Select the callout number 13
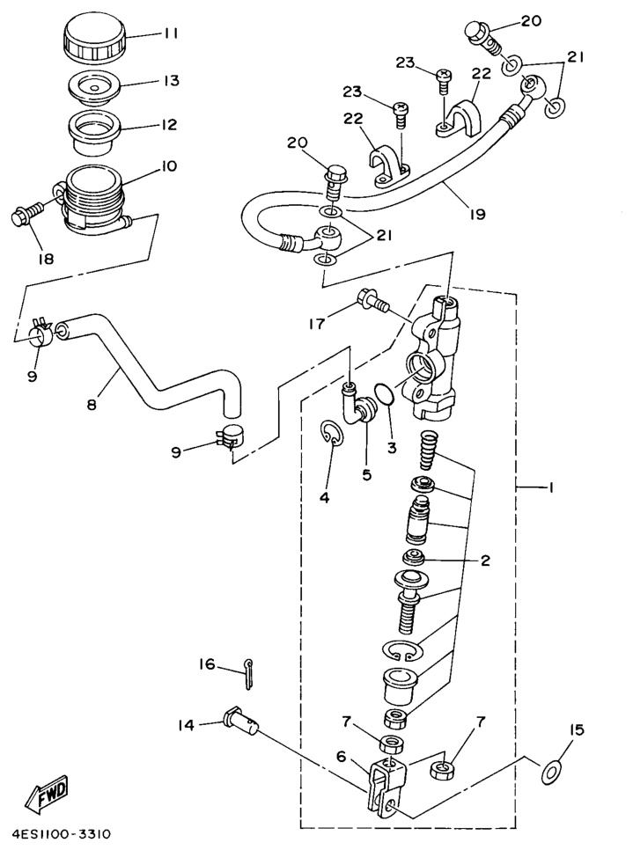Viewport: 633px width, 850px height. click(170, 80)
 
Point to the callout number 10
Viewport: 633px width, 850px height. click(169, 165)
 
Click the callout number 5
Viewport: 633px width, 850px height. click(367, 474)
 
